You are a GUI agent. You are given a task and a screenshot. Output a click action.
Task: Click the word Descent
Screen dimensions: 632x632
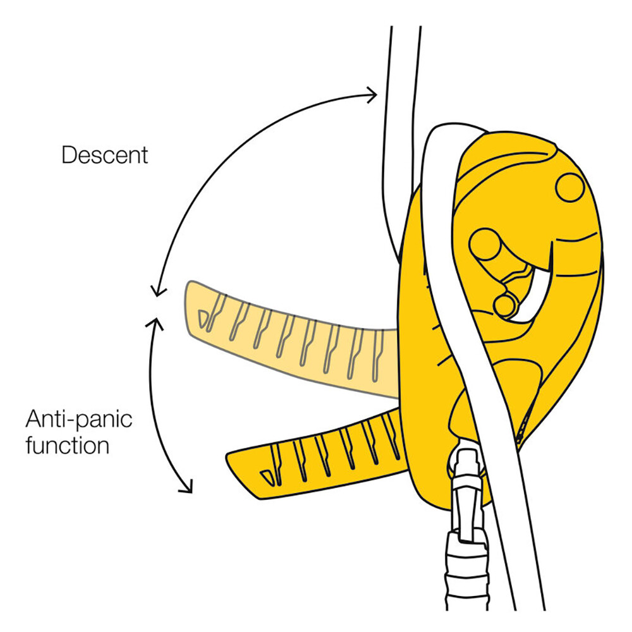tap(104, 154)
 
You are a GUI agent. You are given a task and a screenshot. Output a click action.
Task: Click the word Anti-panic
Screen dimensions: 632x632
tap(78, 419)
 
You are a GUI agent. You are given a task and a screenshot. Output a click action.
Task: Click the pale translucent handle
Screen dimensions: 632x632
tap(284, 341)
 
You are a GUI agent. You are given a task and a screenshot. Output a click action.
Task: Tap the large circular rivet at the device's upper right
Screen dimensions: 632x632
tap(570, 187)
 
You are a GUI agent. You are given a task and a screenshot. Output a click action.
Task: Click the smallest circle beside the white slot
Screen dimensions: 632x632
tap(504, 306)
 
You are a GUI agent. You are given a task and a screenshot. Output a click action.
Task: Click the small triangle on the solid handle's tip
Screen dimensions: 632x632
tap(268, 475)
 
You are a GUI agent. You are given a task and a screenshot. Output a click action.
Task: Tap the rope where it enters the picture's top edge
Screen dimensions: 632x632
tap(405, 32)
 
